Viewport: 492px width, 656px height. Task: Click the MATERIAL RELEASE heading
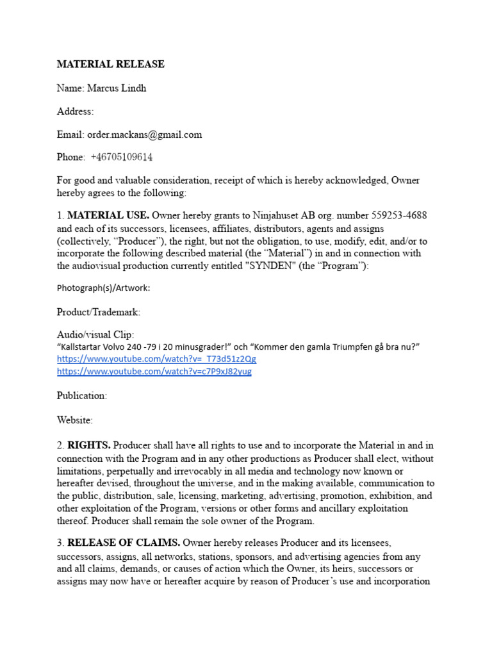point(111,64)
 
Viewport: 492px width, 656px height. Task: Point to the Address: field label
point(75,111)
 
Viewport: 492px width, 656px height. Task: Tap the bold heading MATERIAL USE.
point(108,215)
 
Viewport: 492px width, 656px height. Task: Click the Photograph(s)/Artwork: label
point(104,288)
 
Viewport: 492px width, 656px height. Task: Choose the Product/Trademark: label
point(98,312)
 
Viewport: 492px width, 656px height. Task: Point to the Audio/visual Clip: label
point(96,334)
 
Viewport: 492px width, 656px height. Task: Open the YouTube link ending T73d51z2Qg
point(156,359)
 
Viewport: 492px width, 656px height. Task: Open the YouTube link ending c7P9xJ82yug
point(154,372)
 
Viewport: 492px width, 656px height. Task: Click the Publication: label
point(82,396)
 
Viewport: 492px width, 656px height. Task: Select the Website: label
point(75,420)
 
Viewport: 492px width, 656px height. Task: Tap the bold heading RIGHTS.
point(89,445)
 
